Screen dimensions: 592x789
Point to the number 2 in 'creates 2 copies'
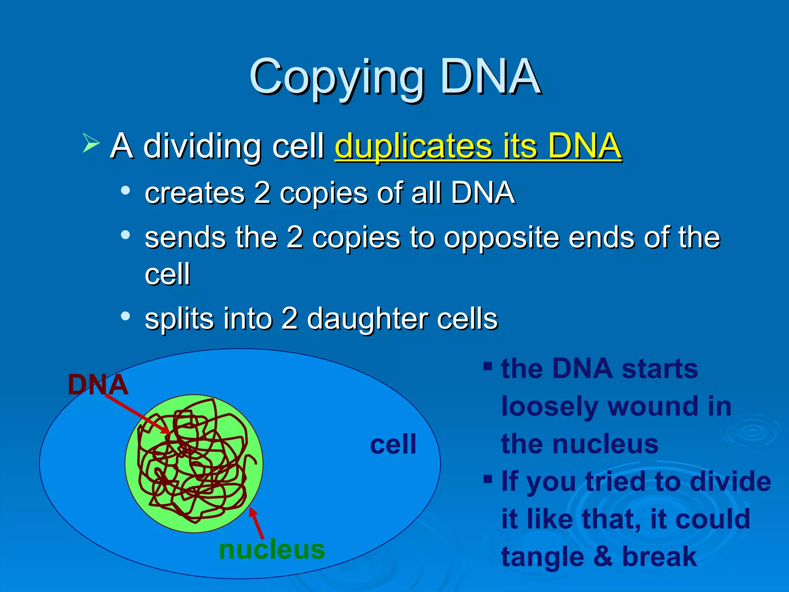tap(262, 192)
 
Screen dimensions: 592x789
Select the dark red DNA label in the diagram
tap(98, 385)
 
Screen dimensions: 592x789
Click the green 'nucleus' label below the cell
tap(272, 549)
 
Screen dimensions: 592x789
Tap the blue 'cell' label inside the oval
tap(393, 444)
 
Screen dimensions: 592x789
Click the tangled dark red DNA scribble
tap(193, 462)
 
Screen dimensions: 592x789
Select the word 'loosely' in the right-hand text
tap(549, 407)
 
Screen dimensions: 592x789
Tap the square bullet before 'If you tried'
tap(488, 479)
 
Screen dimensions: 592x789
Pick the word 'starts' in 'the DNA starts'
tap(660, 369)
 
